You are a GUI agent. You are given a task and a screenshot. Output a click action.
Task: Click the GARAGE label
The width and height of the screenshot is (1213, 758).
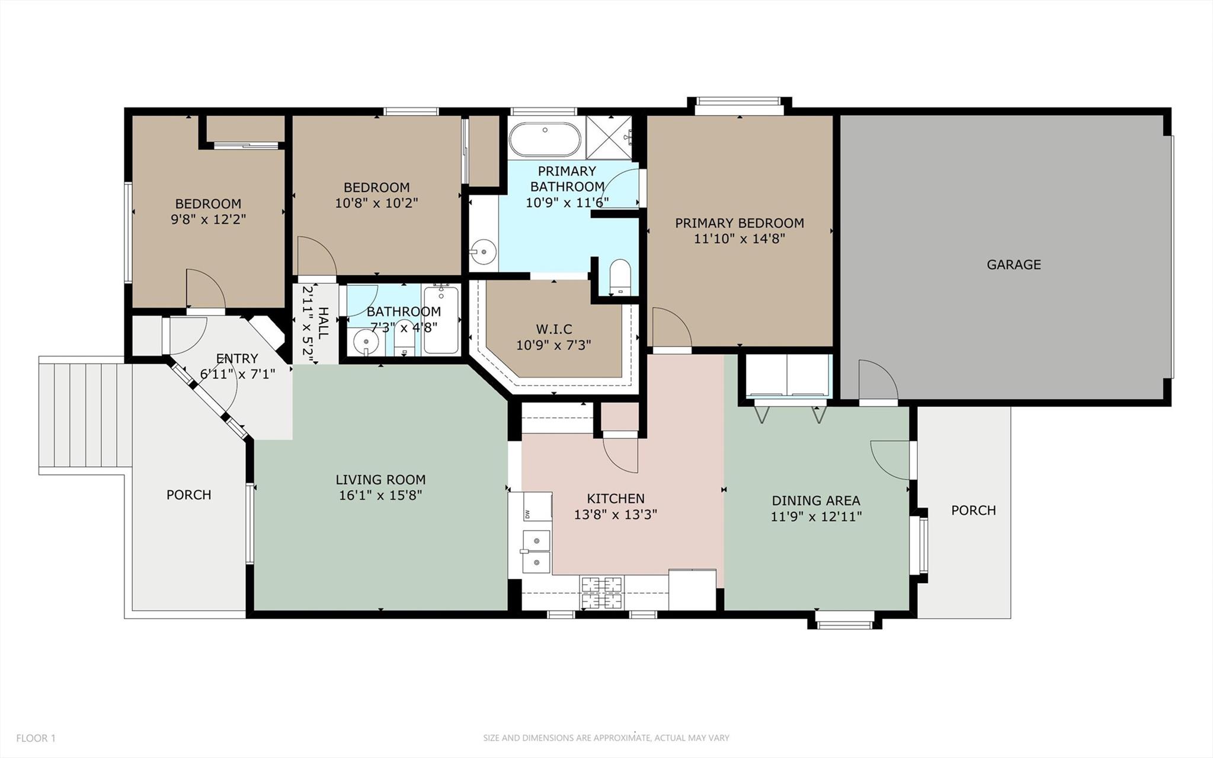[x=1013, y=265]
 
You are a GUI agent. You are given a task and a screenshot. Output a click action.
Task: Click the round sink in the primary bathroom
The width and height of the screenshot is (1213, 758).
[x=484, y=251]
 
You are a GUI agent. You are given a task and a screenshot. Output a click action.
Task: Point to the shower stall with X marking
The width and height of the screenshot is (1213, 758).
[x=609, y=138]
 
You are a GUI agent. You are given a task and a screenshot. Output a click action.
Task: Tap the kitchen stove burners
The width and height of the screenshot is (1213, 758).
[x=602, y=593]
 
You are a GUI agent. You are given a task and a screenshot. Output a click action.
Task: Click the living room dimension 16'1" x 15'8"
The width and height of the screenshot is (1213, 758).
[x=380, y=495]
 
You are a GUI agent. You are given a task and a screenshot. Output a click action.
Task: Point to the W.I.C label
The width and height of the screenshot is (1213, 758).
[x=554, y=329]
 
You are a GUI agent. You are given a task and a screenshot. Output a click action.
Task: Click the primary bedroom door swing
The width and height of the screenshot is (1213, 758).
[x=671, y=327]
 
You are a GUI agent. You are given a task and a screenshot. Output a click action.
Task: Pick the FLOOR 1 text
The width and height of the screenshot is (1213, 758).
[x=36, y=738]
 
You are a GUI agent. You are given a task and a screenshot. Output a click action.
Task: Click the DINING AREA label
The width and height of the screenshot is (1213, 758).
[x=816, y=501]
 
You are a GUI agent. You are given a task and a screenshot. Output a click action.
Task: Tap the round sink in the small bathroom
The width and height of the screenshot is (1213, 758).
[x=366, y=342]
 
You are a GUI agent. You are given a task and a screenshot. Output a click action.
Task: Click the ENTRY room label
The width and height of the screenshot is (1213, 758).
[x=237, y=358]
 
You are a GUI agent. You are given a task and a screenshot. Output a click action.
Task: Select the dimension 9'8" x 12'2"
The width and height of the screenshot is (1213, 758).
[x=208, y=219]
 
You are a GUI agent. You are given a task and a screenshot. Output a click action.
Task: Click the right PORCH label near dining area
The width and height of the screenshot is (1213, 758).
[x=973, y=510]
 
